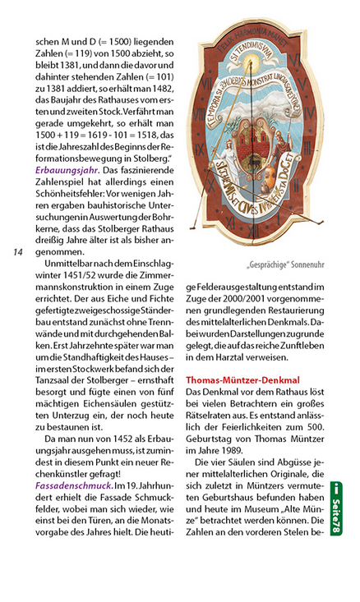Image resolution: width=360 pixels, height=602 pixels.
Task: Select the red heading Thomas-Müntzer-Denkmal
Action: point(242,380)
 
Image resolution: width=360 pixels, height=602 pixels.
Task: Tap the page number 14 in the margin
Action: point(17,251)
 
